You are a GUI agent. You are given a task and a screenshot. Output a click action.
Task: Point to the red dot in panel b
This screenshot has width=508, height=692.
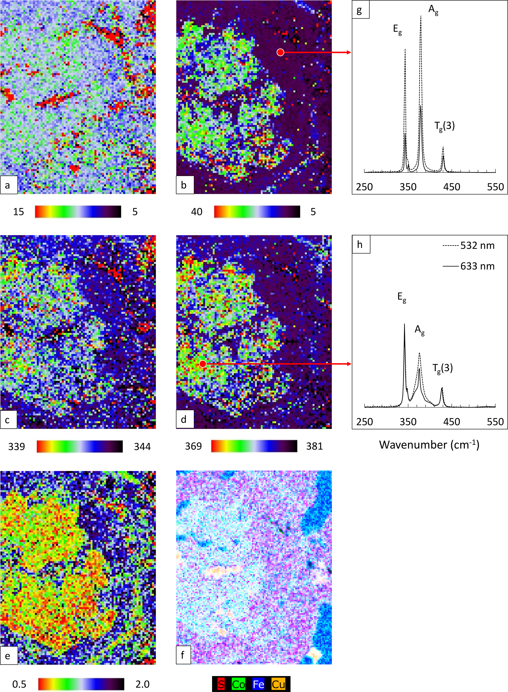tap(280, 52)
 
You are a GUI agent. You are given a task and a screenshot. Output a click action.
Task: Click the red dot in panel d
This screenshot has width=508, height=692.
tap(203, 364)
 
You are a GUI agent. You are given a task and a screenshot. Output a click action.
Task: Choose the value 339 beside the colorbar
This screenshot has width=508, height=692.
tap(17, 446)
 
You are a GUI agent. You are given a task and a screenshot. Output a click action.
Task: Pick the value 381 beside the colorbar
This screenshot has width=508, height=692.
tap(314, 446)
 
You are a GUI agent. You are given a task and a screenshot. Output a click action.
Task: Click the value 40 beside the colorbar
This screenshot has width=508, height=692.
tap(197, 212)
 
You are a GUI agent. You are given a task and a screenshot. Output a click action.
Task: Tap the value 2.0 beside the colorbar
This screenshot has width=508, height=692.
tap(142, 684)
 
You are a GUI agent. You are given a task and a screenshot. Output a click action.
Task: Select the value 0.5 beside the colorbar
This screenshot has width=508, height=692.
tap(19, 684)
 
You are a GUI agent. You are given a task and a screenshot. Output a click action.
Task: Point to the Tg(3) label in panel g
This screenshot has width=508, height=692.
tap(444, 126)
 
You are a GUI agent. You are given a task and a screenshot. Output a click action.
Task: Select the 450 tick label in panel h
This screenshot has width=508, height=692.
tap(451, 421)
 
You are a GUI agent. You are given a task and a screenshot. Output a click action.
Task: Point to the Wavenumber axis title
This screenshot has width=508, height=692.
tap(429, 445)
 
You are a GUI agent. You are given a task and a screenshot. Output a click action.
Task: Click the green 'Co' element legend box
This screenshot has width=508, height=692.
tap(239, 684)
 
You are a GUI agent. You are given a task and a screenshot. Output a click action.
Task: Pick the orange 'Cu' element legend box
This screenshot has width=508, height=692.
tap(279, 684)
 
